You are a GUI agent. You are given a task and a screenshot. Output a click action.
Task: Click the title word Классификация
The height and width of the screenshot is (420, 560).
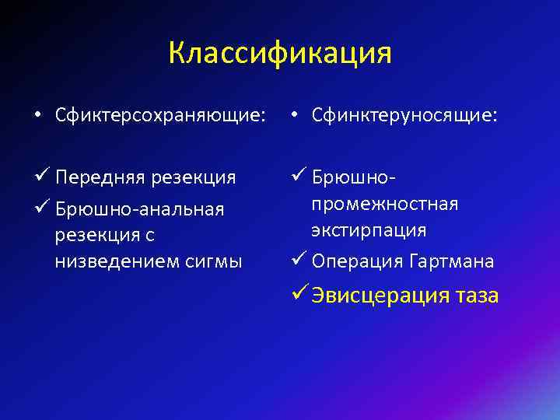(x=280, y=54)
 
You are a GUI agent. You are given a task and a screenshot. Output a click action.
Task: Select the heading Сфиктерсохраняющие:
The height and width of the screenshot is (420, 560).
(x=159, y=116)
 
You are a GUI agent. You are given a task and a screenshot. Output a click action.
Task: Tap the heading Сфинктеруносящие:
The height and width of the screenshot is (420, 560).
(x=404, y=116)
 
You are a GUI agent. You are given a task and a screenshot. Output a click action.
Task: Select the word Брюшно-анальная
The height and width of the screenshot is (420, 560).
(x=140, y=209)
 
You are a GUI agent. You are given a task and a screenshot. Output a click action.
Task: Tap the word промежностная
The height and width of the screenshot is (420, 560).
(x=384, y=204)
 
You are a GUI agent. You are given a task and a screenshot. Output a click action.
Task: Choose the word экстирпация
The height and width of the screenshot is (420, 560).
(x=369, y=230)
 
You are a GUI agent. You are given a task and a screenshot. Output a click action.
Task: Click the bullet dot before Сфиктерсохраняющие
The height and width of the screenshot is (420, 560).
(x=37, y=117)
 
